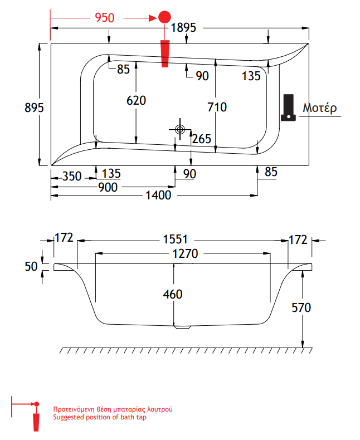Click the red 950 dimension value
tap(105, 18)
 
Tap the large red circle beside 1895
tap(164, 17)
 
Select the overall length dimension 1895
tap(184, 28)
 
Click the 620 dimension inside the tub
tap(136, 101)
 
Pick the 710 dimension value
tap(217, 107)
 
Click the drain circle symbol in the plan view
tap(179, 129)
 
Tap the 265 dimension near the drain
tap(202, 139)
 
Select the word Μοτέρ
tap(320, 108)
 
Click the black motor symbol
tap(288, 107)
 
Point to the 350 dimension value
tap(72, 177)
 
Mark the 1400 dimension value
tap(159, 196)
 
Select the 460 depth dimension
tap(173, 294)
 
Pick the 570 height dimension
tap(316, 307)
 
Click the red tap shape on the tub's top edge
tap(164, 53)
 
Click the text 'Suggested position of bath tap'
tap(99, 417)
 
